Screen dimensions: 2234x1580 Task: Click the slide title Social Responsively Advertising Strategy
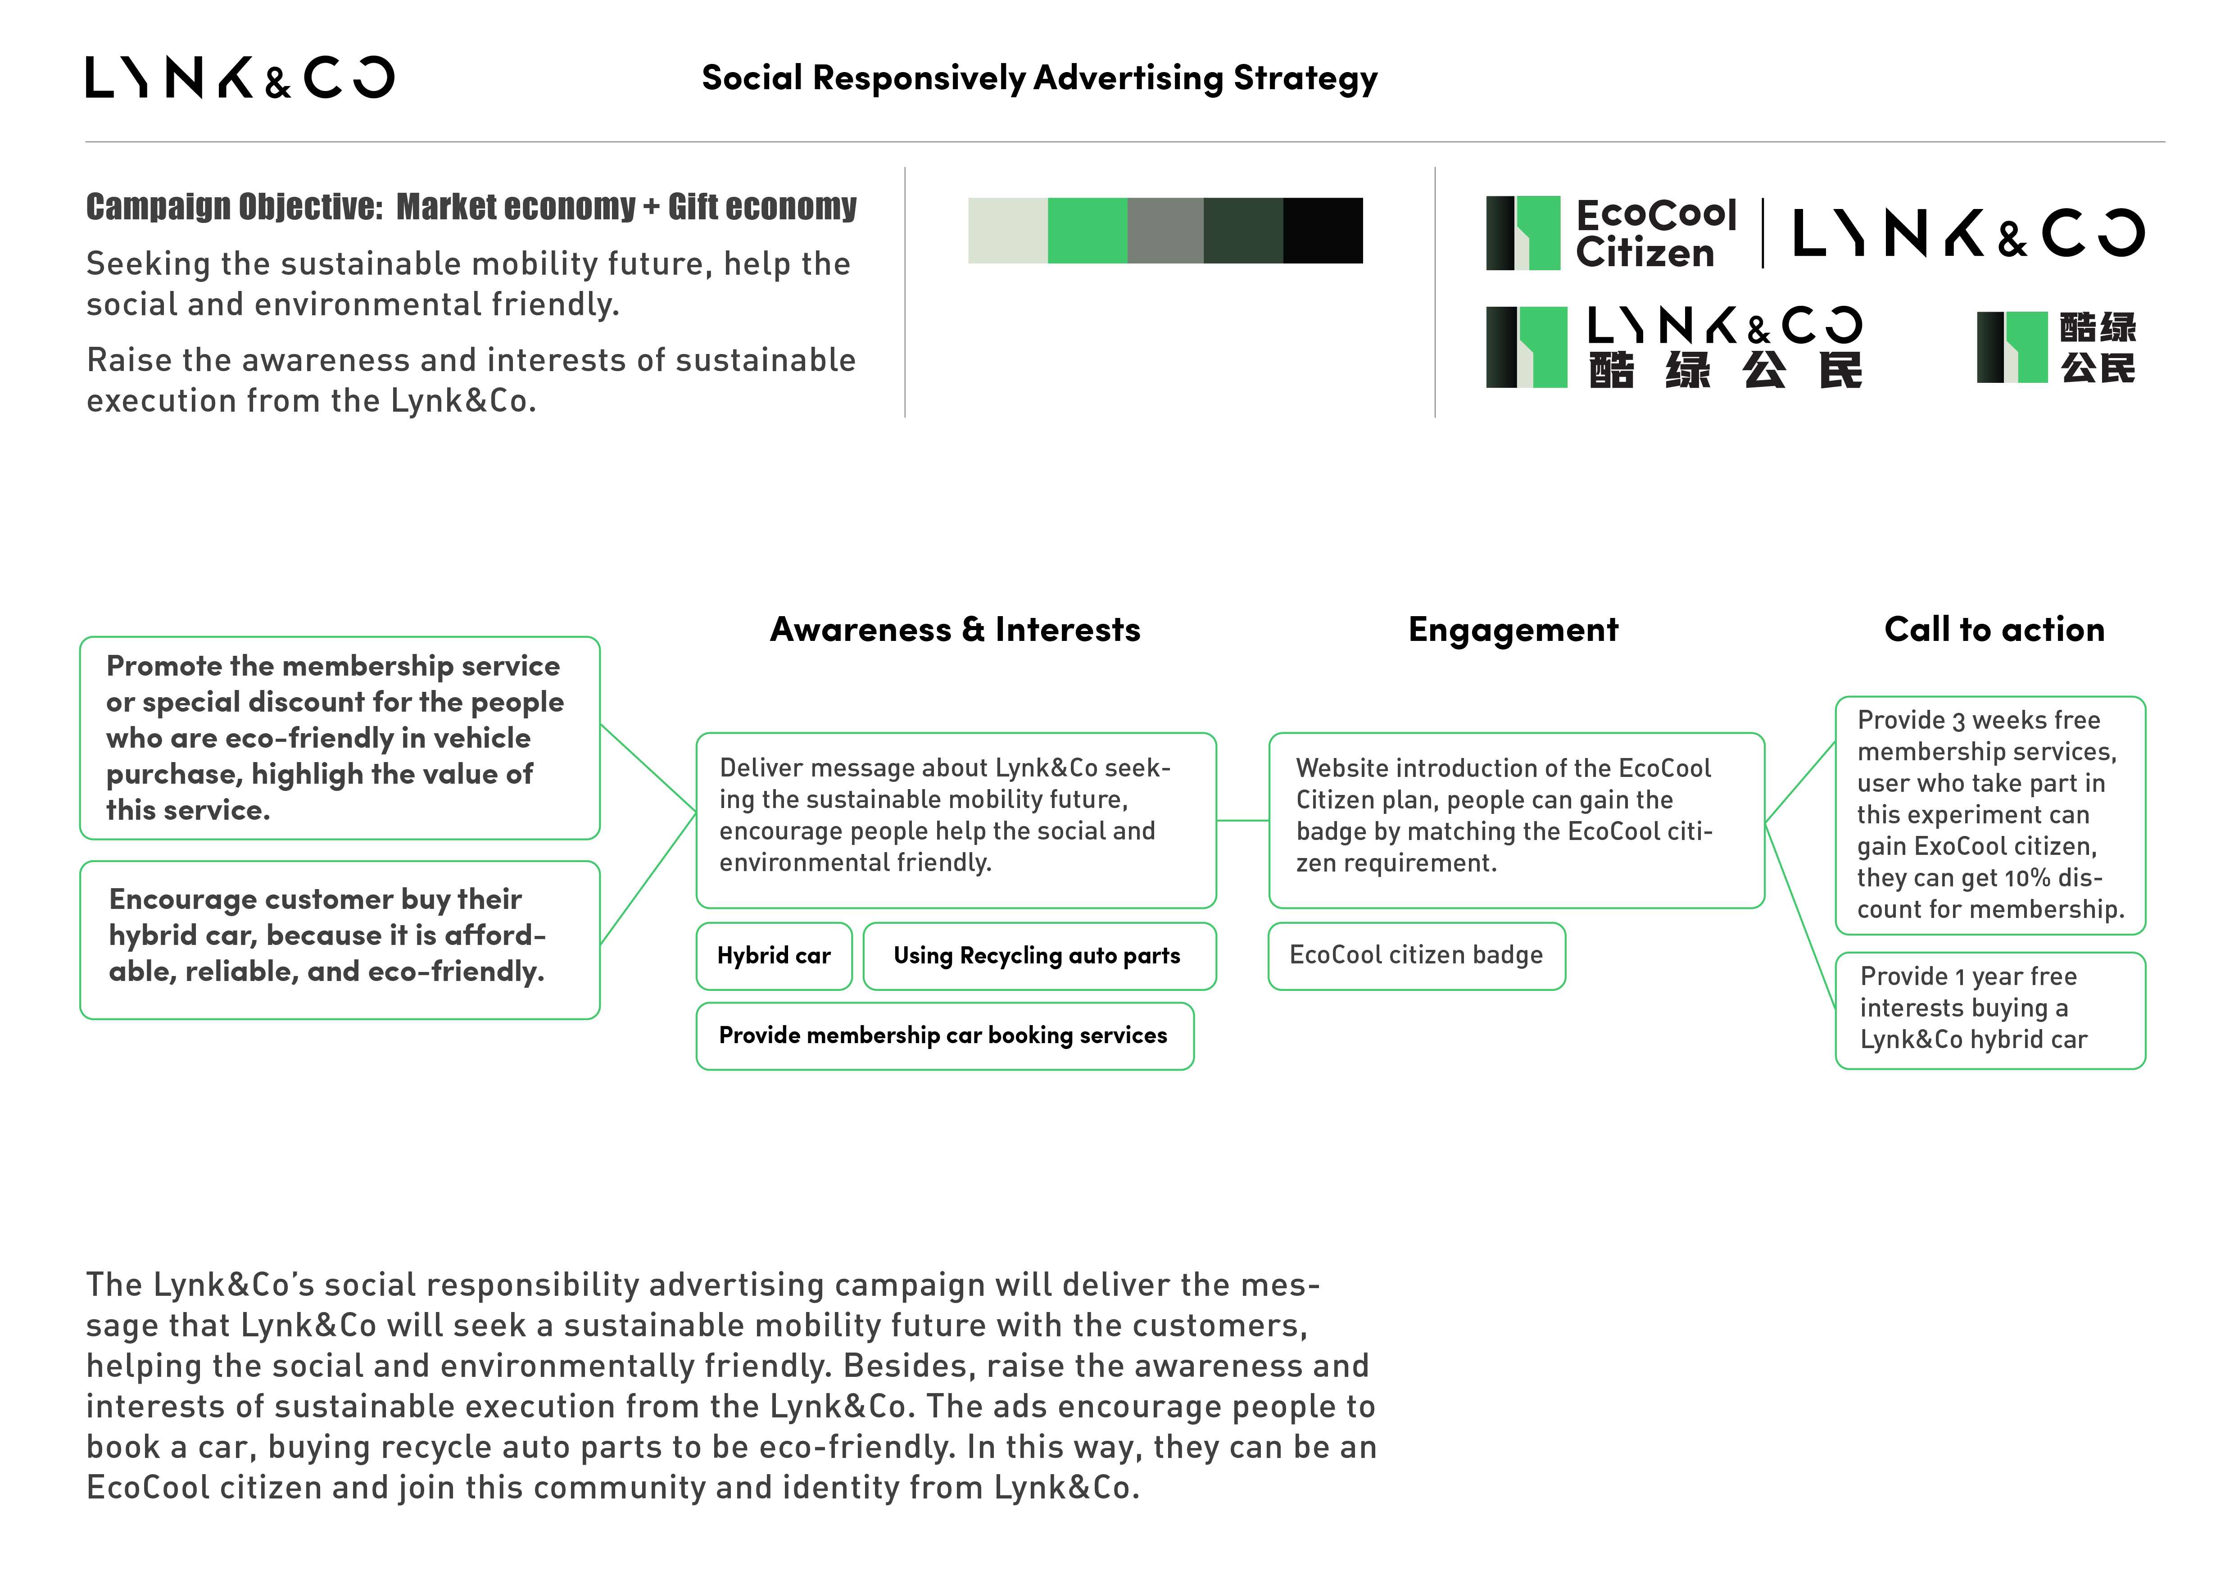[1039, 78]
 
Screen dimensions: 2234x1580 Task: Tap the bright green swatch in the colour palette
[1087, 231]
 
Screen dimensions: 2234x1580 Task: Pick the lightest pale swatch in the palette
[1008, 231]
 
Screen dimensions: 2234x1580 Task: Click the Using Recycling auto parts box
[1039, 955]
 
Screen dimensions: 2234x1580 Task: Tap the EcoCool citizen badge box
[1417, 955]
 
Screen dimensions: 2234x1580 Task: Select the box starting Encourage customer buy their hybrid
[340, 940]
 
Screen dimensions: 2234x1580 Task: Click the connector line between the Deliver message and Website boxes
[1242, 820]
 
